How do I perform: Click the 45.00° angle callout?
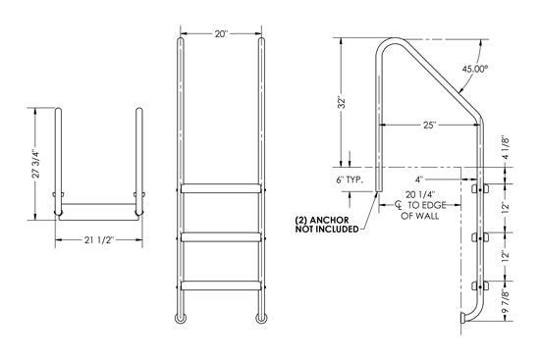(473, 69)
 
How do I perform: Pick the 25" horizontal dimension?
(432, 126)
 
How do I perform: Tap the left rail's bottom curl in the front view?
(180, 320)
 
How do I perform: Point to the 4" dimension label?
(419, 180)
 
